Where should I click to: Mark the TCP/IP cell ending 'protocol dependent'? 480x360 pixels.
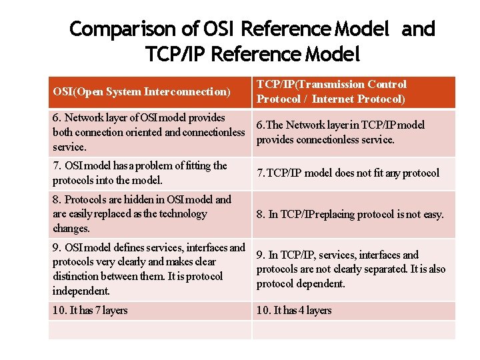[x=351, y=269]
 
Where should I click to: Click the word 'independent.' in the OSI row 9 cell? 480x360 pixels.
[x=81, y=291]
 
